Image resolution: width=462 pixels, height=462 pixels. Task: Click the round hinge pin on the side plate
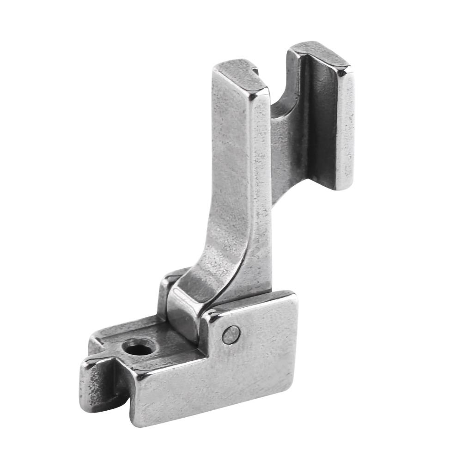[x=231, y=335]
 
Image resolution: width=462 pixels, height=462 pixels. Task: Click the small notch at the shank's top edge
[x=255, y=71]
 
